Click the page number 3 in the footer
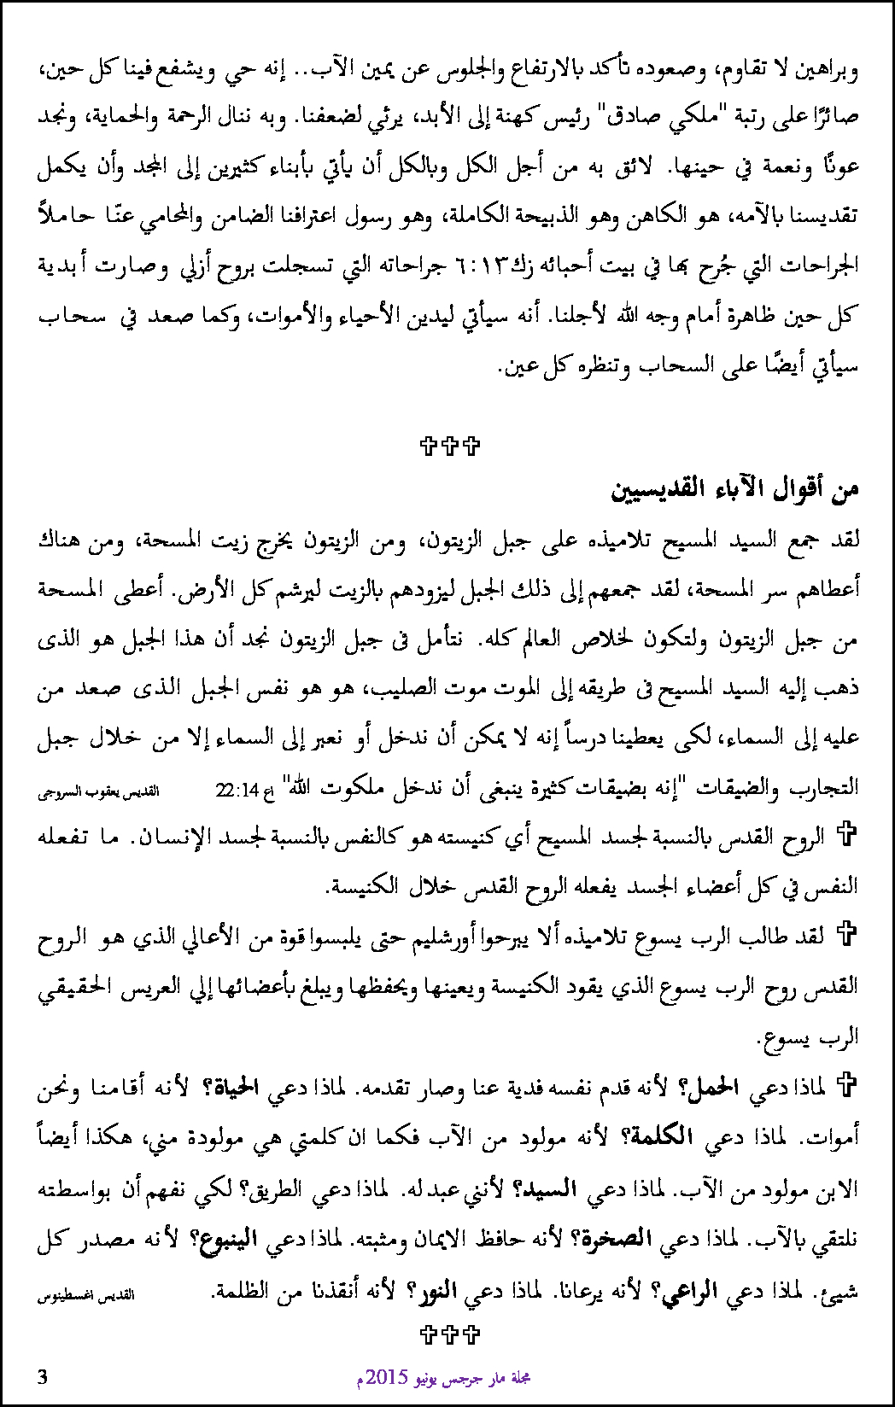[43, 1376]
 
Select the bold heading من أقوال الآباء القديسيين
[734, 489]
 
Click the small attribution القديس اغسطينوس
[86, 1294]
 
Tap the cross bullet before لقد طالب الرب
[846, 934]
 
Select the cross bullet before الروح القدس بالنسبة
[846, 833]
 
